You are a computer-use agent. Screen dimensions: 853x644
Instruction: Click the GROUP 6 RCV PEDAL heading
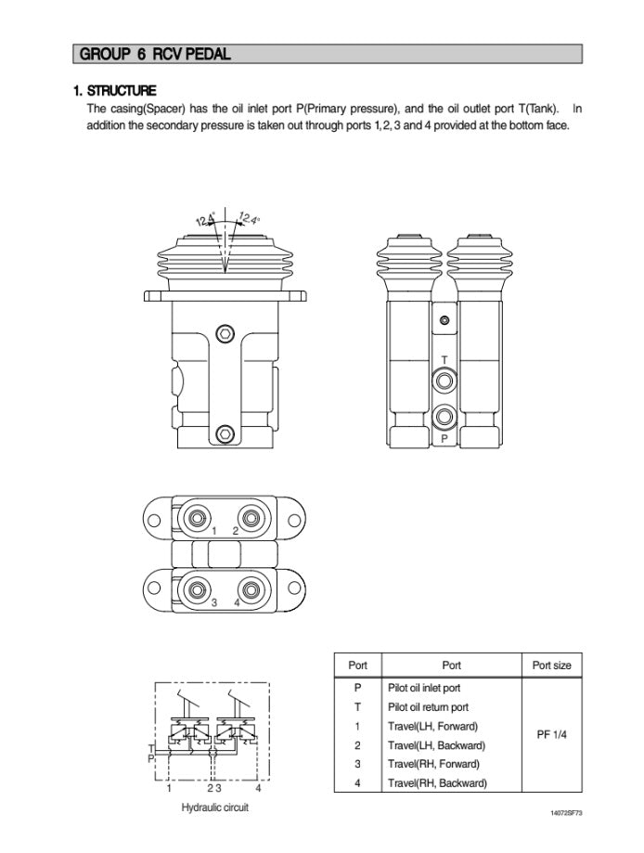point(155,54)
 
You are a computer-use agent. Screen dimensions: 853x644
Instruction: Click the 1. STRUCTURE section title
point(115,91)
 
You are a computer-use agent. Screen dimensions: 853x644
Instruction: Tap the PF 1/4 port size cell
point(552,734)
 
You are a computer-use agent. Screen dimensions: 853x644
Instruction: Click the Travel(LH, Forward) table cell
point(433,726)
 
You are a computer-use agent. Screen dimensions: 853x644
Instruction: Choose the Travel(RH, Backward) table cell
point(437,782)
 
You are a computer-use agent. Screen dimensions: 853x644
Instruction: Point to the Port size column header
point(552,665)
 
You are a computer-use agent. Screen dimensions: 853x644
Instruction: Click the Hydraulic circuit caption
point(214,808)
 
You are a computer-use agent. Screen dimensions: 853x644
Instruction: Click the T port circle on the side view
point(444,380)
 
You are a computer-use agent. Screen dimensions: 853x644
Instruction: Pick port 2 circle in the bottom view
point(250,515)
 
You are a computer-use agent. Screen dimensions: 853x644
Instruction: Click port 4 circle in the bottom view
point(250,588)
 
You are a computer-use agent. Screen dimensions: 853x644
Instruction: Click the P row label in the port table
point(357,688)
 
